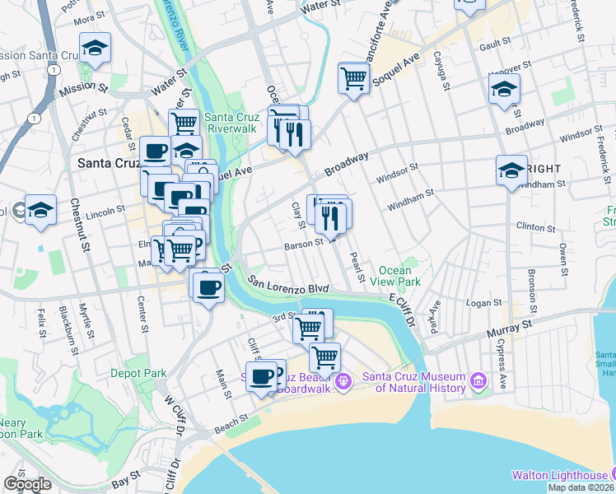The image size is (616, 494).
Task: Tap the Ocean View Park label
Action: coord(399,276)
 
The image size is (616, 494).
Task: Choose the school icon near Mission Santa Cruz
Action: coord(95,48)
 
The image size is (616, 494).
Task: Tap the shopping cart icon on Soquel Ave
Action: coord(353,78)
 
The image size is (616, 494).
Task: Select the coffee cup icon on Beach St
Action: coord(262,376)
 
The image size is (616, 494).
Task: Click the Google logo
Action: coord(27,484)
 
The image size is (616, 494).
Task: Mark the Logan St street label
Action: coord(478,303)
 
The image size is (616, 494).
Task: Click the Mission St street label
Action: coord(86,85)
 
